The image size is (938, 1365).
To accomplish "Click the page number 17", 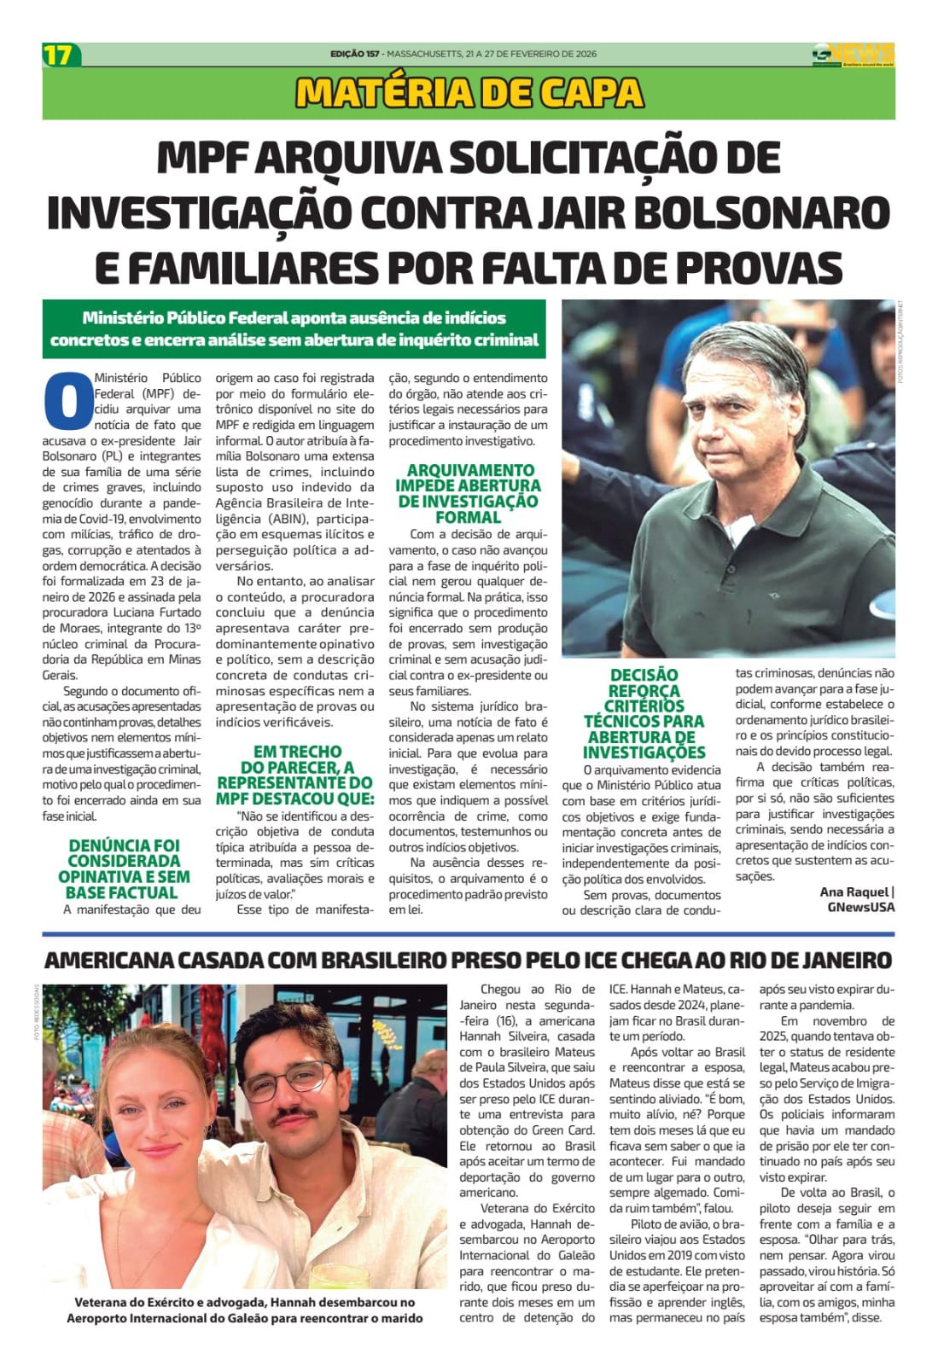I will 59,55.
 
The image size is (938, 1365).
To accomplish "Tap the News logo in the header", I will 853,54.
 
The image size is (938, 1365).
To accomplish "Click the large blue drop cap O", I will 67,400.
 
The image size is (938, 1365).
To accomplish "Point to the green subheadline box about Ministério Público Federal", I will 294,328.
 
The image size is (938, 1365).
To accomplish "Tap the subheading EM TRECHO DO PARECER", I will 294,775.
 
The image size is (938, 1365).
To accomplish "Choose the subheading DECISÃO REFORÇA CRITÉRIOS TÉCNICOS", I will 644,713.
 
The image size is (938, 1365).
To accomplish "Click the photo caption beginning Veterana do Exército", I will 245,1310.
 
